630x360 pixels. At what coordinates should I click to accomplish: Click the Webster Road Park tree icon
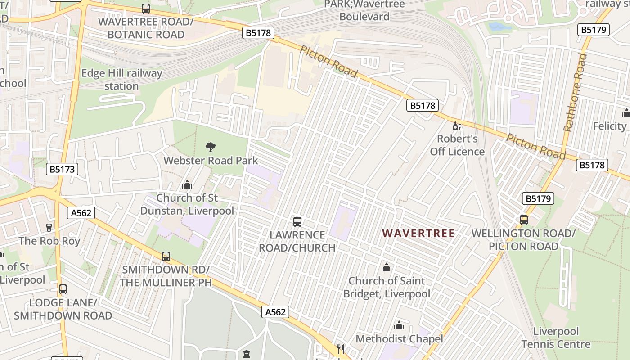(210, 147)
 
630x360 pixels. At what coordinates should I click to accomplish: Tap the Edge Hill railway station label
(121, 80)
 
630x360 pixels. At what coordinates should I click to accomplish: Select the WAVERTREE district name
(418, 233)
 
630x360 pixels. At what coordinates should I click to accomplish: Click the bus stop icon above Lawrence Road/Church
(297, 221)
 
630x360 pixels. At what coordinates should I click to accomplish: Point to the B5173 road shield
(62, 169)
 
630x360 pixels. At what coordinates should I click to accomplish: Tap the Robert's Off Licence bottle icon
(457, 126)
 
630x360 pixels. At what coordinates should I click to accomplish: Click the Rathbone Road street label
(576, 92)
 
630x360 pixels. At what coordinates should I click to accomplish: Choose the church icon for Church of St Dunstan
(187, 184)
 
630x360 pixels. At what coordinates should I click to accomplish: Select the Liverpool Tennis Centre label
(556, 338)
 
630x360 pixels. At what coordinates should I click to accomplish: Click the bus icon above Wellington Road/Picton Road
(524, 220)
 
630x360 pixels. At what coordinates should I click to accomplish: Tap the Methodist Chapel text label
(399, 339)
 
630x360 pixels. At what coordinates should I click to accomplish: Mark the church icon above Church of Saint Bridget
(387, 268)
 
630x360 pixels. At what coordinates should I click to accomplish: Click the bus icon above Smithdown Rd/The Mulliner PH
(166, 256)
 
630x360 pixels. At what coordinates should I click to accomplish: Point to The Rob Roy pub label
(49, 241)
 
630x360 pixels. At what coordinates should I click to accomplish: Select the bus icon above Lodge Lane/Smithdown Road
(63, 289)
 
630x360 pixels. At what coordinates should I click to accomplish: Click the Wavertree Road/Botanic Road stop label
(146, 28)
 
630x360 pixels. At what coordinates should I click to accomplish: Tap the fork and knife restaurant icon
(341, 349)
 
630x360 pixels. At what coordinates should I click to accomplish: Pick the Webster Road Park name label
(211, 161)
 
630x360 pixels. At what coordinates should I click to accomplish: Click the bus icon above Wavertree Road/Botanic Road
(146, 8)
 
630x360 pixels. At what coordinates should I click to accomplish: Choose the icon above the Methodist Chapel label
(399, 325)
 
